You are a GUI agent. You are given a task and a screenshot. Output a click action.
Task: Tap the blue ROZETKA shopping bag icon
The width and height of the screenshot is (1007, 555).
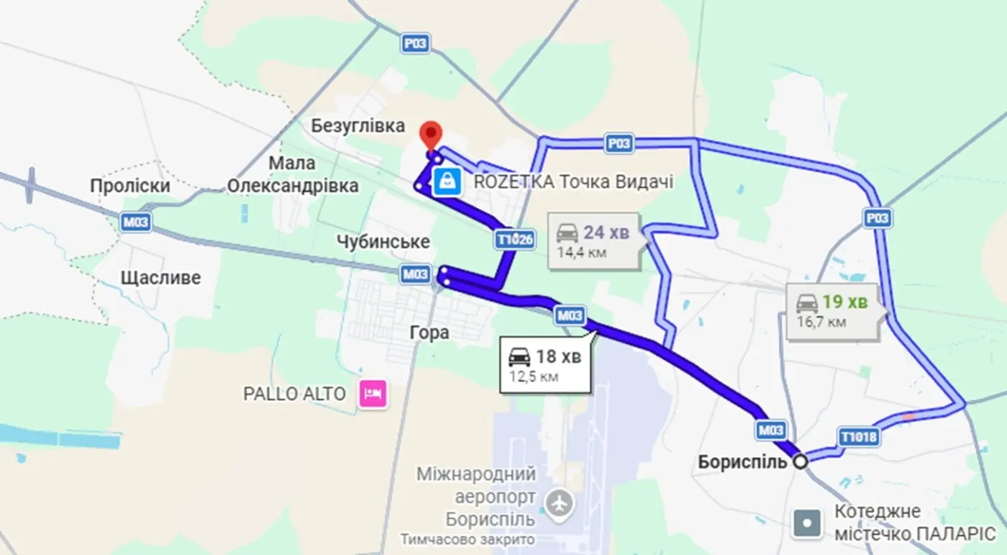pos(448,181)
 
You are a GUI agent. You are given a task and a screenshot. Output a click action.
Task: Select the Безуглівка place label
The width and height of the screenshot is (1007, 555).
pos(358,126)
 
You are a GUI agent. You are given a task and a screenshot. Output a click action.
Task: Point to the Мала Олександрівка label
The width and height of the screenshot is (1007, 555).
pos(293,175)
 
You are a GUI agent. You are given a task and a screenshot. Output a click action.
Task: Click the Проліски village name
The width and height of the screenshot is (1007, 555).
pos(130,186)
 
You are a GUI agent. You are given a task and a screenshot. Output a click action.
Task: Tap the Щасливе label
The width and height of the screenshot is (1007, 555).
pos(160,278)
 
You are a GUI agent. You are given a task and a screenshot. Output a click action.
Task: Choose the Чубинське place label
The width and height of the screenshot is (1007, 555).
pos(383,241)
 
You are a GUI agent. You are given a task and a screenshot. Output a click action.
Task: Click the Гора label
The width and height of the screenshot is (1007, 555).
pos(429,333)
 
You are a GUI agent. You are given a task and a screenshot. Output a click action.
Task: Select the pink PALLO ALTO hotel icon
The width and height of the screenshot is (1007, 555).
pos(374,394)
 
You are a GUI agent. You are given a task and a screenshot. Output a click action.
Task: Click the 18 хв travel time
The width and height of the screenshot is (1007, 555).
pos(558,356)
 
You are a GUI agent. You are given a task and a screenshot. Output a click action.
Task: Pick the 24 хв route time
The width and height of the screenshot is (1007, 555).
pos(606,233)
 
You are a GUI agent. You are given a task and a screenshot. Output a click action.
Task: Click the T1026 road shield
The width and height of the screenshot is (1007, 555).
pos(514,240)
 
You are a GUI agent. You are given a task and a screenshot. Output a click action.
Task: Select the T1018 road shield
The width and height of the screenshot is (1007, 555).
pos(860,436)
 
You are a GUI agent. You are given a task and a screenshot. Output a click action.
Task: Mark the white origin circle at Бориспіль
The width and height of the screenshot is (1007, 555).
pos(800,461)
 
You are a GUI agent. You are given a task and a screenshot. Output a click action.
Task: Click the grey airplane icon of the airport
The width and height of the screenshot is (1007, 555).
pos(559,502)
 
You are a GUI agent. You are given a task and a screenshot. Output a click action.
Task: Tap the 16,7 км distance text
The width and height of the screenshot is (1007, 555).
pos(821,322)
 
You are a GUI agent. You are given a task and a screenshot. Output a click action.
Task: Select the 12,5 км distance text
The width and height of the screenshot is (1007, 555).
pos(534,376)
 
